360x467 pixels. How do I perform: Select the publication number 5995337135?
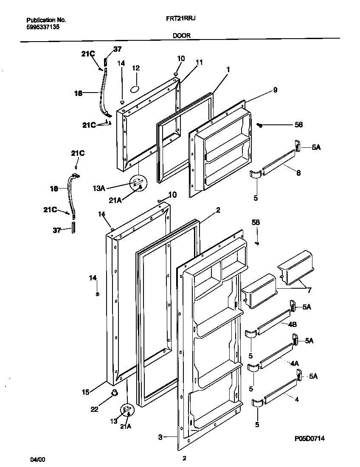pyautogui.click(x=42, y=26)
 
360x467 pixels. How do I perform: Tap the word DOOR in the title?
pyautogui.click(x=181, y=36)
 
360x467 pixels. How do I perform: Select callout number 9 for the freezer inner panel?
pyautogui.click(x=275, y=90)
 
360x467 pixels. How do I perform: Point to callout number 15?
pyautogui.click(x=85, y=392)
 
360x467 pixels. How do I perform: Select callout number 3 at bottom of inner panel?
pyautogui.click(x=160, y=436)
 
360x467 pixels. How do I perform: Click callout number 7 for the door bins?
pyautogui.click(x=309, y=290)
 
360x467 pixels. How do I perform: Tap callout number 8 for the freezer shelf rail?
pyautogui.click(x=298, y=173)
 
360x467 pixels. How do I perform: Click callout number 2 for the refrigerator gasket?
pyautogui.click(x=218, y=210)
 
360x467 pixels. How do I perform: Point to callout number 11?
pyautogui.click(x=199, y=62)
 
